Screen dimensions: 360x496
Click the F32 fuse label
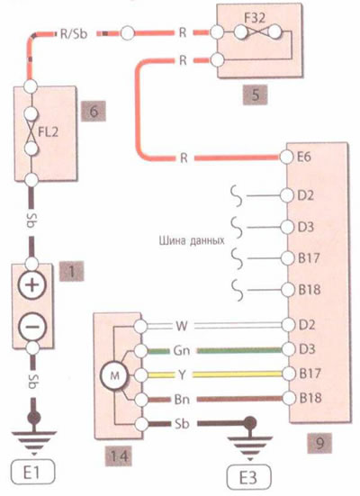[x=255, y=18]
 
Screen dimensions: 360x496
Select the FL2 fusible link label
[x=48, y=131]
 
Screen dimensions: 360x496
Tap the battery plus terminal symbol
[x=32, y=285]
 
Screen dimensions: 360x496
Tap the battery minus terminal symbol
[x=32, y=328]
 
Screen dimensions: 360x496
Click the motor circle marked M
[x=114, y=375]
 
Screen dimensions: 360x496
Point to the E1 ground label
[x=33, y=473]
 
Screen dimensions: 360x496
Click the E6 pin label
[x=304, y=158]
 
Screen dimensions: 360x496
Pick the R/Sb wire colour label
[x=74, y=33]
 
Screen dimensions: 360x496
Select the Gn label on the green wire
[x=182, y=350]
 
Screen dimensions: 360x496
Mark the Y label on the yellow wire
[x=182, y=374]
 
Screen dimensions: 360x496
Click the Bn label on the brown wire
[x=182, y=399]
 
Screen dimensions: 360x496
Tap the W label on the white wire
[x=182, y=326]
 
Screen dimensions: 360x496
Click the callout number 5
[x=255, y=95]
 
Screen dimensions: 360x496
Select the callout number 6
[x=94, y=112]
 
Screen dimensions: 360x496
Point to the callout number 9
[x=319, y=443]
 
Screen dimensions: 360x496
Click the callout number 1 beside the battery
[x=72, y=271]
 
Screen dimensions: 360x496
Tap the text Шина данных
[x=192, y=241]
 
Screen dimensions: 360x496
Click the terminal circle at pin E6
[x=286, y=158]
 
